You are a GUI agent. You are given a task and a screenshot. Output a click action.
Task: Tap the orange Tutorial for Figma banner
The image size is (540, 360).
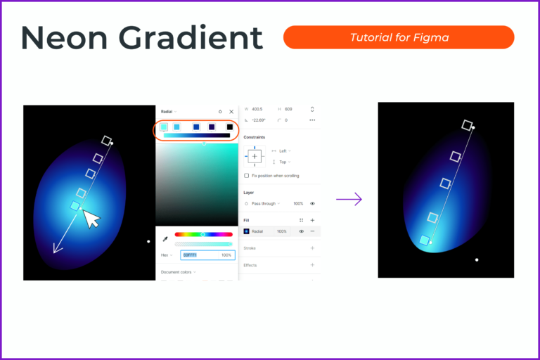click(399, 37)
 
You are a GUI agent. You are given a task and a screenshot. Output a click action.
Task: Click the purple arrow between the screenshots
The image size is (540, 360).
click(349, 199)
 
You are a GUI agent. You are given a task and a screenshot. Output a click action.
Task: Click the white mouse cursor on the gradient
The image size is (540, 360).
click(91, 219)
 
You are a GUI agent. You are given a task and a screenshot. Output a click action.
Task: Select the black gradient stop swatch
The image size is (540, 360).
click(229, 127)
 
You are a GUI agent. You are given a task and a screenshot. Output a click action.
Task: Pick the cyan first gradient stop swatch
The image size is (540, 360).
click(164, 127)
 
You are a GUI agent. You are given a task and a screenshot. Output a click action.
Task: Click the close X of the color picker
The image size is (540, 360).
click(231, 111)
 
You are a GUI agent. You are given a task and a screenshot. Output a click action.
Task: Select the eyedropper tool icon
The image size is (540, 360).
click(165, 239)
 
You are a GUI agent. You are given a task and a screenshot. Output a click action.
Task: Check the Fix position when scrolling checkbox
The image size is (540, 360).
click(246, 175)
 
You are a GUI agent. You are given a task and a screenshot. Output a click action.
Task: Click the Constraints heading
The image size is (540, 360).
click(257, 137)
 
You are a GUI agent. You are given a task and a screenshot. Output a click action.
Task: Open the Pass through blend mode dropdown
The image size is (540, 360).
click(266, 203)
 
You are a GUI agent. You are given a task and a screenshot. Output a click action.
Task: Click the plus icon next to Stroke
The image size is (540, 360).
click(312, 248)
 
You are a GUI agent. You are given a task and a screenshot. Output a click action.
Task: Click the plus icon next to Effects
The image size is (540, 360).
click(312, 265)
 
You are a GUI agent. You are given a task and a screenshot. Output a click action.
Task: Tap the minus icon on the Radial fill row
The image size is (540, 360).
click(312, 231)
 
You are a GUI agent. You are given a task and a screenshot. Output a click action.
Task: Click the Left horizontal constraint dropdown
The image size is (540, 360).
click(283, 150)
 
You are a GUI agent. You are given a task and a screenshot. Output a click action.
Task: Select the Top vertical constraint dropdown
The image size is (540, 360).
click(283, 162)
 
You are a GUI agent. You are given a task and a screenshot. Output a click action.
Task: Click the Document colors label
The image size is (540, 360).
click(176, 271)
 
